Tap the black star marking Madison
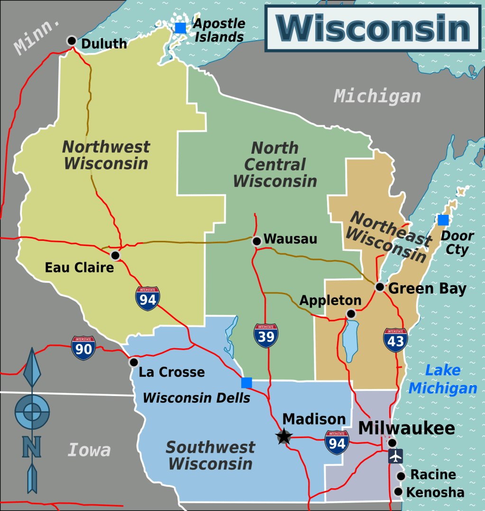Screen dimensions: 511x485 click(284, 436)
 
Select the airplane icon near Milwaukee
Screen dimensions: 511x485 click(395, 456)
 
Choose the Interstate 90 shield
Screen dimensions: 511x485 click(83, 348)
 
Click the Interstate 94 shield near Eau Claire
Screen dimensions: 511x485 click(147, 298)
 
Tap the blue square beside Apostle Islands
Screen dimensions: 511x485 click(180, 28)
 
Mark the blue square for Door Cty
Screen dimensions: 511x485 click(443, 220)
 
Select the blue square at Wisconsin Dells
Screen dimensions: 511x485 click(247, 382)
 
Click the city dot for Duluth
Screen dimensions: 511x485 click(72, 41)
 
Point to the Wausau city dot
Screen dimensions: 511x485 click(256, 241)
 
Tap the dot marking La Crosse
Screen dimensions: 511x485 click(134, 362)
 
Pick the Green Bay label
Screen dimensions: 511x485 click(427, 289)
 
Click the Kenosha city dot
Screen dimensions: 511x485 click(398, 492)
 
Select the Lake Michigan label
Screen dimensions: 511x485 click(443, 379)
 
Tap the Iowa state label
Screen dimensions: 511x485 click(89, 449)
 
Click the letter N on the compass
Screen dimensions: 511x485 click(32, 447)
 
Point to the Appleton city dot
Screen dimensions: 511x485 click(351, 314)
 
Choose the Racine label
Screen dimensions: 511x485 click(433, 475)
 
